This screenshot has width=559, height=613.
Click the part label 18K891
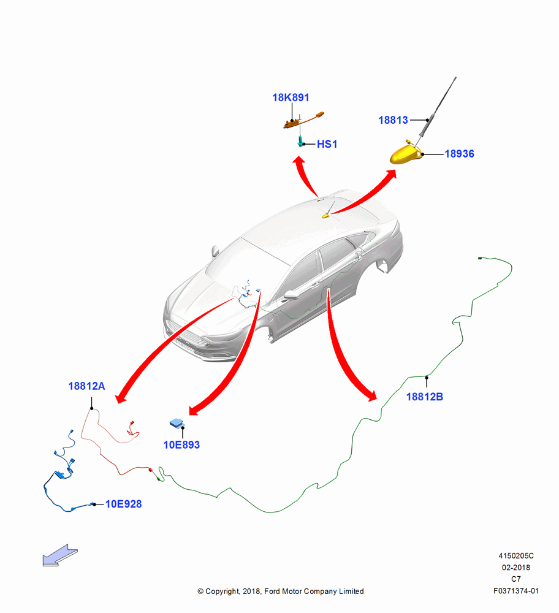(x=291, y=97)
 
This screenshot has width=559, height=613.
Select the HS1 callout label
(x=327, y=144)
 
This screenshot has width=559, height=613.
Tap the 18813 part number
(x=393, y=120)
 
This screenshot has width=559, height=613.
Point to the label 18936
(x=459, y=154)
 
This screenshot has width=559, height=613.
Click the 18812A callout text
(x=86, y=386)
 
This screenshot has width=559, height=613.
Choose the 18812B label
(x=425, y=397)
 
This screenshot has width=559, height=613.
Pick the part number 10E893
(x=181, y=445)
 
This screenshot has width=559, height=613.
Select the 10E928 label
(x=124, y=504)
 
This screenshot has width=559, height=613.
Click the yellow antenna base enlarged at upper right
(x=406, y=154)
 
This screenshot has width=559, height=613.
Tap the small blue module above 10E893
(x=177, y=423)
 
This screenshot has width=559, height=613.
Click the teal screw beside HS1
(x=300, y=142)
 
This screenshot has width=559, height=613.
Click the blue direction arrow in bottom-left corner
(x=60, y=555)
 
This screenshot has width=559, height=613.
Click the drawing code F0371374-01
(x=515, y=591)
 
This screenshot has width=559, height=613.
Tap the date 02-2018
(x=516, y=567)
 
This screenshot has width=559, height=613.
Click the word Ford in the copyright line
(x=272, y=592)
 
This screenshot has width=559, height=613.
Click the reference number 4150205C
(x=516, y=556)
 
